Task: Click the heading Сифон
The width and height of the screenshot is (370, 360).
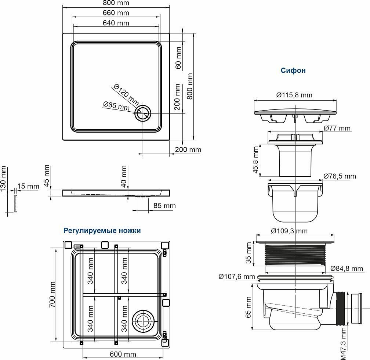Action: pyautogui.click(x=293, y=71)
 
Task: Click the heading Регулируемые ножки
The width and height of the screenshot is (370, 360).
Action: pyautogui.click(x=102, y=231)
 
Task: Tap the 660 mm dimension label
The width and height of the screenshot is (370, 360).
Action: pyautogui.click(x=116, y=13)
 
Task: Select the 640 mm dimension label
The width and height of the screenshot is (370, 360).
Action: pyautogui.click(x=116, y=23)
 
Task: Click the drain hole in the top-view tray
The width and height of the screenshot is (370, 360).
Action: pyautogui.click(x=142, y=114)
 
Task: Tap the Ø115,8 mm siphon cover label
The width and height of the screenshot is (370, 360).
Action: pyautogui.click(x=294, y=95)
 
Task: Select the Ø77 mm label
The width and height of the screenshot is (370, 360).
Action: pyautogui.click(x=337, y=128)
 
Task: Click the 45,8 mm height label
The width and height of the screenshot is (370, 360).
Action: pyautogui.click(x=256, y=161)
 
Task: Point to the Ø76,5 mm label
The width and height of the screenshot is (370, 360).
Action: pyautogui.click(x=340, y=176)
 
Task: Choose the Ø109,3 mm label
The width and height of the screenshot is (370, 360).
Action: pyautogui.click(x=289, y=231)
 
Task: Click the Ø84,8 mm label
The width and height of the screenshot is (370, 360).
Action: pyautogui.click(x=346, y=269)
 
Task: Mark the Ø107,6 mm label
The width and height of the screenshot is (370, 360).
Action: pyautogui.click(x=236, y=276)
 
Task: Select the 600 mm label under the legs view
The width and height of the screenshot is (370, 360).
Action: pyautogui.click(x=123, y=354)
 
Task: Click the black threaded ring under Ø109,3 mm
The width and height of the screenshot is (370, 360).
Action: pyautogui.click(x=295, y=254)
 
